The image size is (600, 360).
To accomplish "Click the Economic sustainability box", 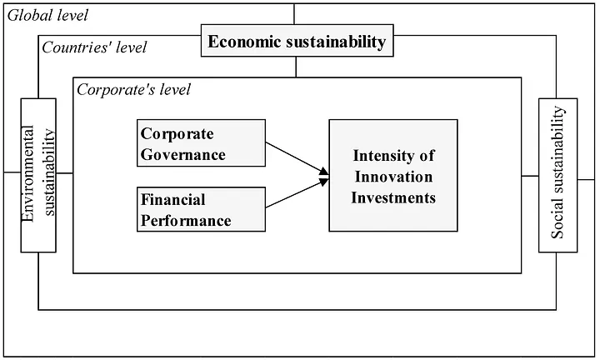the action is coord(297,41).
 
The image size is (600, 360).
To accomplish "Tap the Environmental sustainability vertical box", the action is coord(38,175).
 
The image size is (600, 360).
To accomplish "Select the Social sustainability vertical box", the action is coord(557,175).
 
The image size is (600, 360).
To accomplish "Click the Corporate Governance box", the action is coord(202,143).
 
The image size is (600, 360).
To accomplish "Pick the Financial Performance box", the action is coord(202,209).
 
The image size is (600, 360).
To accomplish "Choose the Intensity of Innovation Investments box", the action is coord(393,176).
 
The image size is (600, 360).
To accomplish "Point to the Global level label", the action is coord(47,16).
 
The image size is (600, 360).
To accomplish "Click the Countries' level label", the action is coord(94,47).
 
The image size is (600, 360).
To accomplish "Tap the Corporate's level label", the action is coord(133,90).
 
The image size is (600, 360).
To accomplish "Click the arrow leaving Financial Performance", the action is coord(297,193).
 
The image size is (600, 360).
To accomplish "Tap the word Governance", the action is coord(182,154).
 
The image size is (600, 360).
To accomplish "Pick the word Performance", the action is coord(186,221).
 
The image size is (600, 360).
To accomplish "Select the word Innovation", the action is coord(393,177).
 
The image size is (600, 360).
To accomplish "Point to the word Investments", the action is coord(393,197).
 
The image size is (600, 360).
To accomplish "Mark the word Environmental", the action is coord(28,173).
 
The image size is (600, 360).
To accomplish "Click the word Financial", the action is coord(173,200).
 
